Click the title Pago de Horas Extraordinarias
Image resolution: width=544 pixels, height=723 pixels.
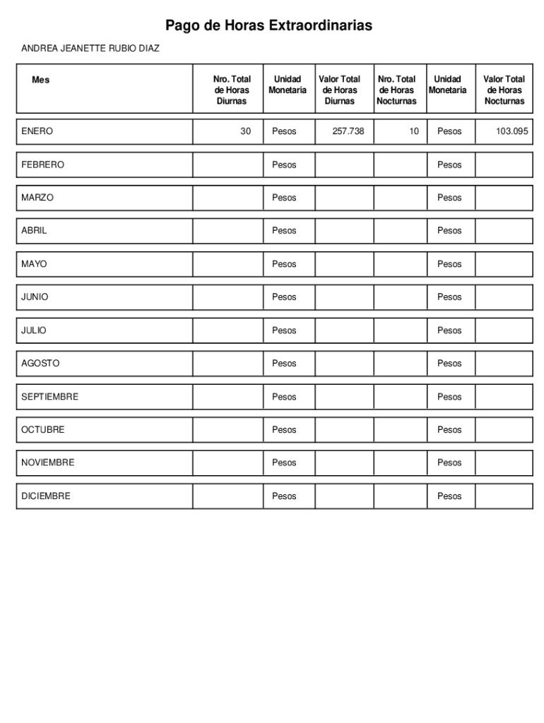pyautogui.click(x=268, y=26)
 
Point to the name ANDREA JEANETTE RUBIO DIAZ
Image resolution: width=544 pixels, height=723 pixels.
pyautogui.click(x=90, y=49)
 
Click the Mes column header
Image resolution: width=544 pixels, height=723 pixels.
pyautogui.click(x=41, y=80)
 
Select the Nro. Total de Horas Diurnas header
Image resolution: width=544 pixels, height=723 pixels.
pyautogui.click(x=232, y=90)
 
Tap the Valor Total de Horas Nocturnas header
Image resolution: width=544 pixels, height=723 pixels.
pyautogui.click(x=504, y=90)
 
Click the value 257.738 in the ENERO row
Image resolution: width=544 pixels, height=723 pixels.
pyautogui.click(x=348, y=131)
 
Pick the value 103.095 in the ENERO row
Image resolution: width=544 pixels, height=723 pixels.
pyautogui.click(x=512, y=131)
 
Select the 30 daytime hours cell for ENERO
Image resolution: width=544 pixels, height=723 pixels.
pyautogui.click(x=245, y=131)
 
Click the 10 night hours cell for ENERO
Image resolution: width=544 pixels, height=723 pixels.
pyautogui.click(x=414, y=131)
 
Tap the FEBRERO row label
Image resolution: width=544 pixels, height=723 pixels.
pyautogui.click(x=42, y=165)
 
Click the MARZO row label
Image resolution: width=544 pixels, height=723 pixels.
pyautogui.click(x=37, y=198)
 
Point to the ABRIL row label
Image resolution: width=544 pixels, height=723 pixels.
pyautogui.click(x=34, y=231)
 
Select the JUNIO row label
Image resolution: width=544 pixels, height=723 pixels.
pyautogui.click(x=35, y=297)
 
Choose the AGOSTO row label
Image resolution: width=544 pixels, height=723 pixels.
pyautogui.click(x=40, y=364)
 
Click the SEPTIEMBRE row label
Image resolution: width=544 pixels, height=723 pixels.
pyautogui.click(x=49, y=397)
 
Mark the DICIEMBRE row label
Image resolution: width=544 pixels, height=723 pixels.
pyautogui.click(x=46, y=496)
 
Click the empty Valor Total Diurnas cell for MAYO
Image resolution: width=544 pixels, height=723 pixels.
pyautogui.click(x=344, y=264)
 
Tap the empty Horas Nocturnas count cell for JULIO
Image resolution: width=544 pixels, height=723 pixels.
pyautogui.click(x=400, y=330)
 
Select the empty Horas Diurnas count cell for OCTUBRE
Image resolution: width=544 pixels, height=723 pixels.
pyautogui.click(x=227, y=430)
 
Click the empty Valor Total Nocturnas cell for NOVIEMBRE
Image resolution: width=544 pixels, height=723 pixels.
pyautogui.click(x=504, y=463)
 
